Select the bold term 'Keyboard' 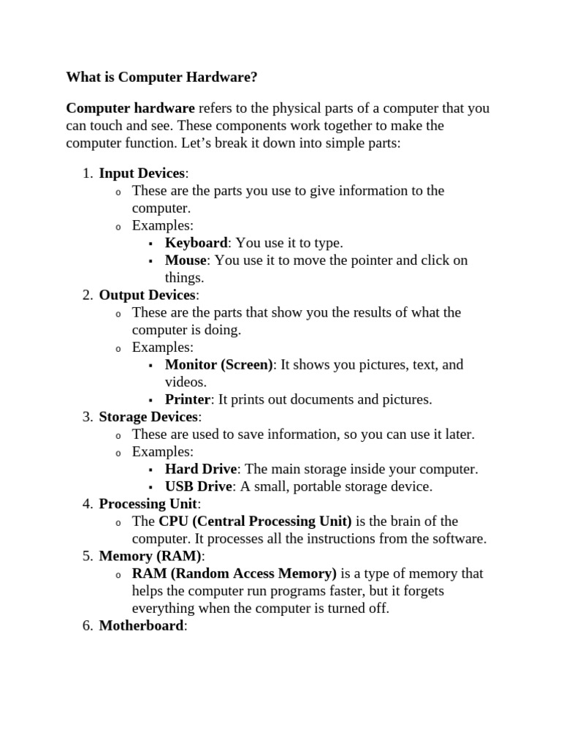click(x=196, y=243)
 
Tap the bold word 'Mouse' click(x=186, y=260)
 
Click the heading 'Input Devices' click(x=142, y=173)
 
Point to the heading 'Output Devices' click(x=147, y=296)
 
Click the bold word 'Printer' click(x=188, y=399)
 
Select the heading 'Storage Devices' click(x=148, y=417)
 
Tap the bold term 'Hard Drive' click(x=201, y=469)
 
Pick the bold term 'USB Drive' click(x=199, y=486)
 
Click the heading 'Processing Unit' click(x=148, y=504)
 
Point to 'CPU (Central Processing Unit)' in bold click(x=255, y=522)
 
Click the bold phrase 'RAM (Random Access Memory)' click(x=234, y=573)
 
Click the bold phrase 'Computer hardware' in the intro click(x=130, y=108)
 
